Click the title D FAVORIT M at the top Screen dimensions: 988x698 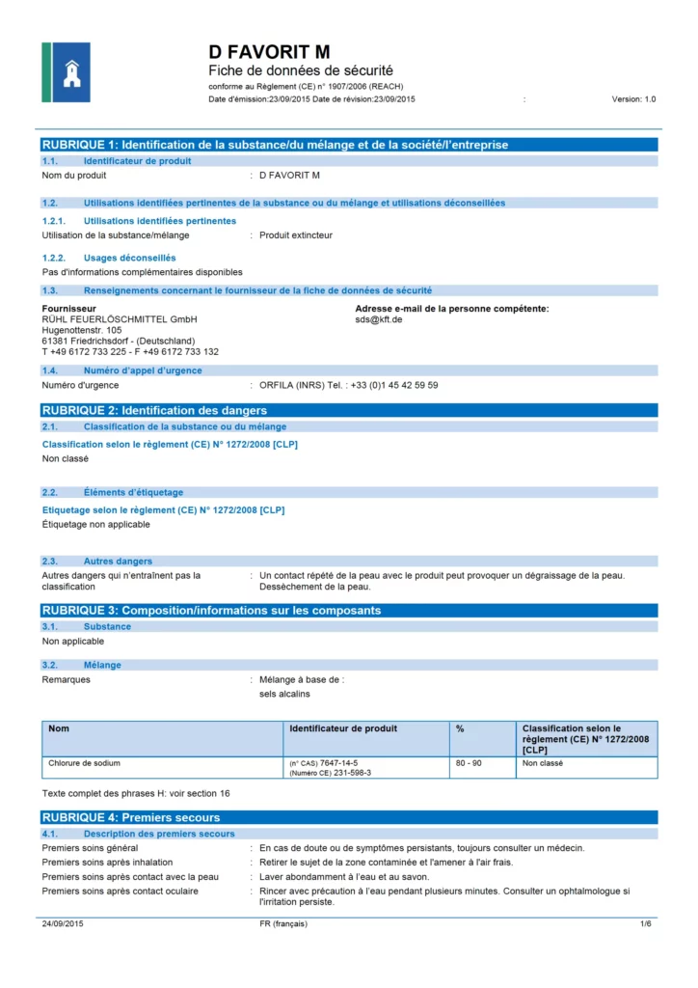269,51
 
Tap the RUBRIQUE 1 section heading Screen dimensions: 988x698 275,145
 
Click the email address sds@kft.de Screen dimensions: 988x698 379,319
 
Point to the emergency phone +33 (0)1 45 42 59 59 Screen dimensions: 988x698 386,385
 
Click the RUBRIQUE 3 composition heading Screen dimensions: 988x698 211,611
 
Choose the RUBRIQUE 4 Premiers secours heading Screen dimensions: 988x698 131,818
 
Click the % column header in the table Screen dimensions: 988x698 460,728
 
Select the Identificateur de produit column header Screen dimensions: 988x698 343,728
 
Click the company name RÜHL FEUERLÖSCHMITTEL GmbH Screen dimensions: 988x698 120,319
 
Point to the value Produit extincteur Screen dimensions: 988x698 296,235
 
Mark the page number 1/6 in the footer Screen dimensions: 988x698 646,924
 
